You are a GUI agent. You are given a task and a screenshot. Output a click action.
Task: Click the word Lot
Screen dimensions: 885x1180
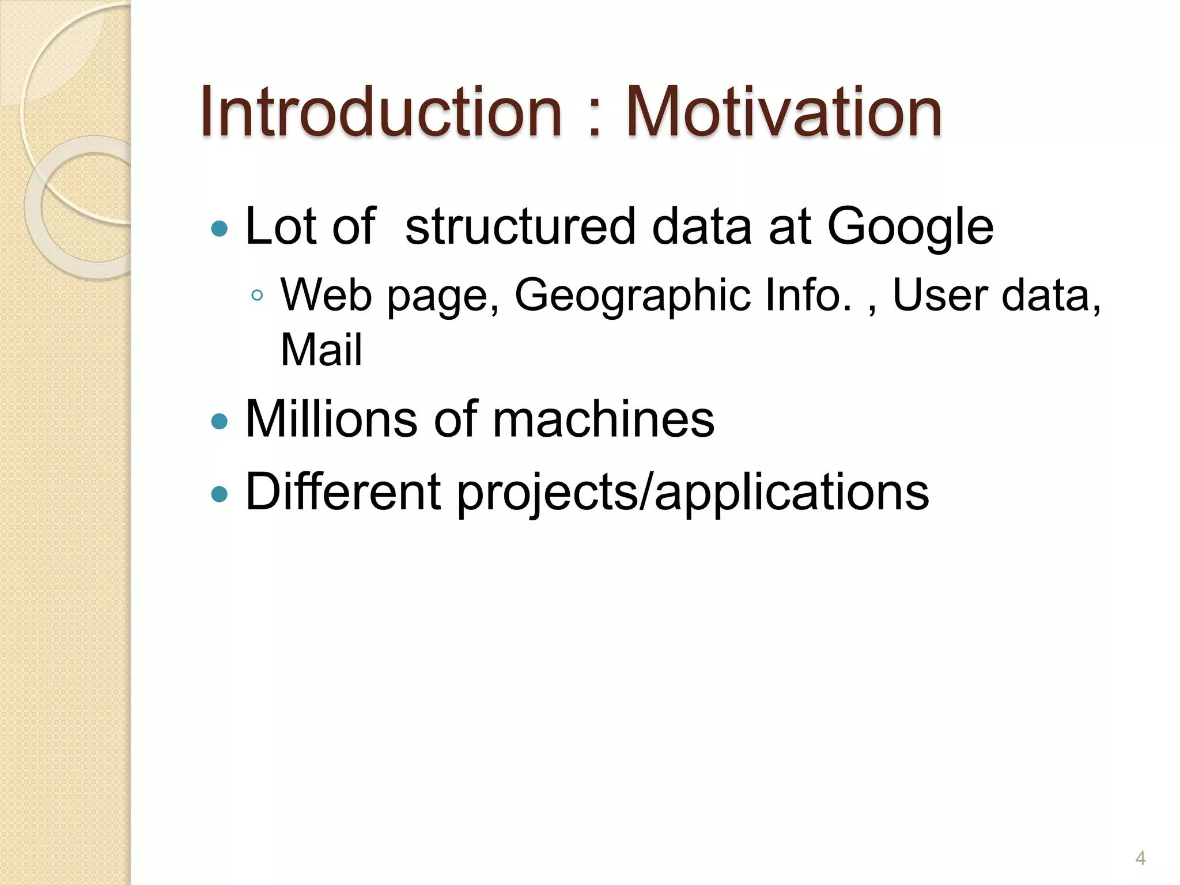click(279, 226)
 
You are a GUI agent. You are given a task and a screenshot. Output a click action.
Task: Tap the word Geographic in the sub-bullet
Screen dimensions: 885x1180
click(633, 296)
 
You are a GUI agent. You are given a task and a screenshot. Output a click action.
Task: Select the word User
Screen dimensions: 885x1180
click(940, 294)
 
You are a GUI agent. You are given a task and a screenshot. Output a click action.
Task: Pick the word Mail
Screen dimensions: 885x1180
click(321, 350)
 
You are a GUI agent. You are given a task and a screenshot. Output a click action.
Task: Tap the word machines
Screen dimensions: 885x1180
click(603, 419)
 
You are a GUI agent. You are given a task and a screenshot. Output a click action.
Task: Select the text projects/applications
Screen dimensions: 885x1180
click(693, 493)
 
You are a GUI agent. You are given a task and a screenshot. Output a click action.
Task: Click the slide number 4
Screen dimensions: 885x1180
click(1140, 858)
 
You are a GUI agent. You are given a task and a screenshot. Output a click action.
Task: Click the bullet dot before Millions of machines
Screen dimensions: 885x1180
click(220, 422)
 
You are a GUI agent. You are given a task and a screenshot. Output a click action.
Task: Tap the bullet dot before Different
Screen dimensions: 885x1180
click(220, 494)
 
